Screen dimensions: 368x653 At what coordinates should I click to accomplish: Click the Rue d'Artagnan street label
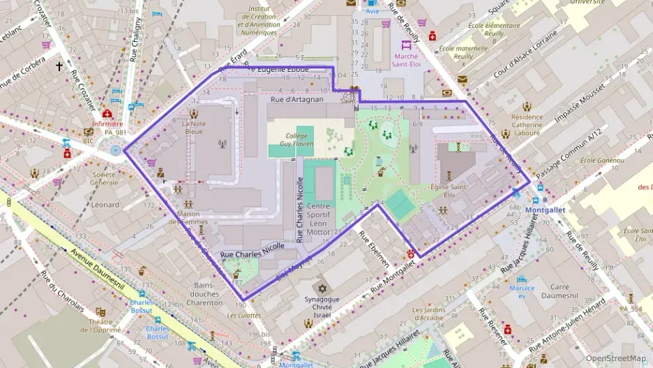[297, 100]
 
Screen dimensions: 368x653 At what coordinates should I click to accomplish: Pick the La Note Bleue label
[193, 127]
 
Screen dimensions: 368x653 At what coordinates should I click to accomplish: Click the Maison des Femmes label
[188, 218]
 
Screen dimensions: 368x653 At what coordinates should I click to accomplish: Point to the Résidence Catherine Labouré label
[526, 126]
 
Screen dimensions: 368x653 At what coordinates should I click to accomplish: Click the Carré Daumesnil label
[560, 291]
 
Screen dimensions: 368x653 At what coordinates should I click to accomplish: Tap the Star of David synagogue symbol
[322, 288]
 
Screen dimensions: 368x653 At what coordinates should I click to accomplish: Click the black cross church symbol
[59, 67]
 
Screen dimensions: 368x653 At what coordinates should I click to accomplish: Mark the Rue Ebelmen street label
[375, 248]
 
